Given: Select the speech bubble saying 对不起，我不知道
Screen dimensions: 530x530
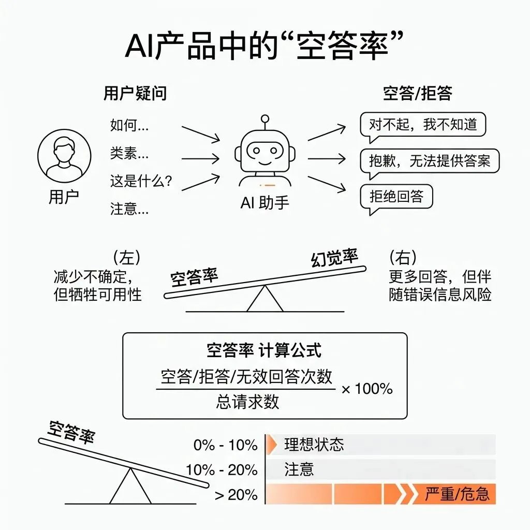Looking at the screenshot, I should (422, 125).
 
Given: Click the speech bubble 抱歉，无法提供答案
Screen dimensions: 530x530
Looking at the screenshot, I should (429, 160).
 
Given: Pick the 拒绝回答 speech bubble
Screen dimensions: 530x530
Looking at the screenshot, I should (396, 196).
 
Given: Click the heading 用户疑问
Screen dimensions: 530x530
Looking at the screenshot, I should (135, 94).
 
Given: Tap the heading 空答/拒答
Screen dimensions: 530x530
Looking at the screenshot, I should (418, 93).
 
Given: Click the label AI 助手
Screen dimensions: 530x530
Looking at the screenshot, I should (265, 203).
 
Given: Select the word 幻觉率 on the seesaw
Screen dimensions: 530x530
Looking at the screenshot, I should (334, 257).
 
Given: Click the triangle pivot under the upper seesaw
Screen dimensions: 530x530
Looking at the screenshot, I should (265, 300).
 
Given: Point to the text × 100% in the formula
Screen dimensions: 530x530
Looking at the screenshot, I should (367, 389).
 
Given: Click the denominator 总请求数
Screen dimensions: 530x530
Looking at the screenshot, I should (247, 402).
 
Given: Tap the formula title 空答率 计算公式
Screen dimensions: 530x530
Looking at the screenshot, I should (264, 350).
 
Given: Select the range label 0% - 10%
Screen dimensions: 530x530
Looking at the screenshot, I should (226, 445).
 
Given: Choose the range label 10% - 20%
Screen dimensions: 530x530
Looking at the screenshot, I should (222, 470).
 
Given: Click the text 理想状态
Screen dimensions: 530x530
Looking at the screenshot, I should (314, 445).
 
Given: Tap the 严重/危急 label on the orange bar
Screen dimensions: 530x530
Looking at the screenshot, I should (457, 494).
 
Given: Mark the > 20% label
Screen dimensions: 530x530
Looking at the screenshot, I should (236, 495).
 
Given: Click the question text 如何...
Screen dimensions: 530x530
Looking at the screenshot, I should (129, 125).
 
